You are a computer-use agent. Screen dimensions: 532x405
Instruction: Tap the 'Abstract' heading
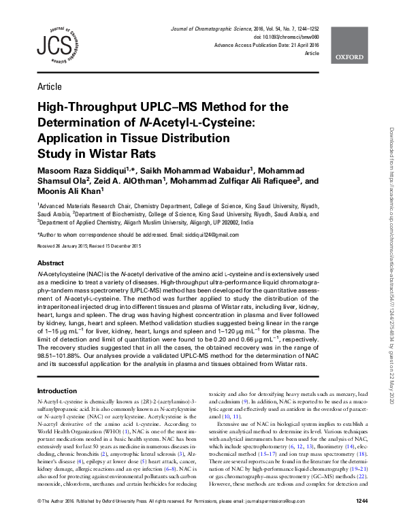51,262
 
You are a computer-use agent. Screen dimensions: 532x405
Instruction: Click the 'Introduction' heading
56,391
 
